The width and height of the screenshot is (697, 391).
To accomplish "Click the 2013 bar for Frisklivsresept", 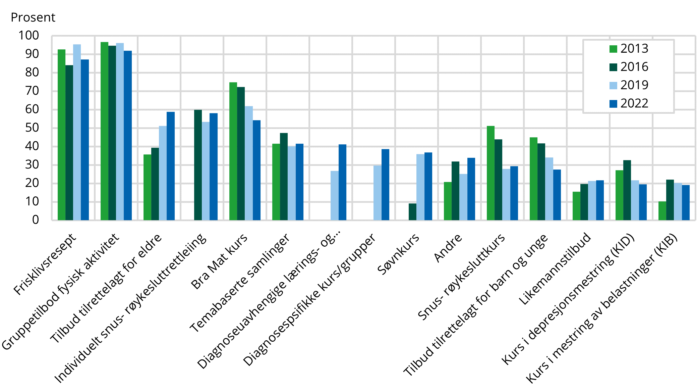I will [x=61, y=135].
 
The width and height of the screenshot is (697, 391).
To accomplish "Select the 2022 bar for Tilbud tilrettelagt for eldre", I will [x=171, y=166].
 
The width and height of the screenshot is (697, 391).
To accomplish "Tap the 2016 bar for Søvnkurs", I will [x=412, y=212].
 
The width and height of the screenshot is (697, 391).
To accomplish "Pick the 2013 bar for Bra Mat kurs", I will [x=233, y=151].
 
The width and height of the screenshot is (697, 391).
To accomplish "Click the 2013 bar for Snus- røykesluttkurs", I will [x=490, y=173].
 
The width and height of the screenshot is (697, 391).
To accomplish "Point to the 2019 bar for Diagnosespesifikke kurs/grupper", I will [x=377, y=193].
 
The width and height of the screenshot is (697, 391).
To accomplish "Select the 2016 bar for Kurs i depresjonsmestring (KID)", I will [x=627, y=190].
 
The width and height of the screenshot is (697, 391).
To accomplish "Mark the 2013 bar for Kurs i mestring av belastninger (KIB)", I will [x=662, y=211].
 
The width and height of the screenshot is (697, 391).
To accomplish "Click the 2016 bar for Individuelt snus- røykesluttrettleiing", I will [x=198, y=165].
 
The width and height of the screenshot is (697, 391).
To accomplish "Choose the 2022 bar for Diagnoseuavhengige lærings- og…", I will [x=342, y=182].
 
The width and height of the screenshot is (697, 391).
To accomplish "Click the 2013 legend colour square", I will [x=613, y=49].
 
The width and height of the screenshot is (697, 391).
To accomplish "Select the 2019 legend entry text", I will [x=634, y=85].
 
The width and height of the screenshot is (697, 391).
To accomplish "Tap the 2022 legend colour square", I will [x=613, y=104].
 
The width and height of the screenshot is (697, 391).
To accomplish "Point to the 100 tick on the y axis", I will [x=28, y=36].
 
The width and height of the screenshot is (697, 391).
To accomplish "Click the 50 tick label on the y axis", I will [x=32, y=128].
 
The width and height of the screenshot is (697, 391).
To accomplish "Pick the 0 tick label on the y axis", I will [x=36, y=220].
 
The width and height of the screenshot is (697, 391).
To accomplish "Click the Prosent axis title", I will [x=33, y=17].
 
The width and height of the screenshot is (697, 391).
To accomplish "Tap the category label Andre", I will [x=448, y=248].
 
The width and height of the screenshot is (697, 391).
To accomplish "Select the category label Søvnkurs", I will [x=398, y=254].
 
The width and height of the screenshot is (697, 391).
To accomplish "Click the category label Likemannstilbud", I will [x=555, y=268].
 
